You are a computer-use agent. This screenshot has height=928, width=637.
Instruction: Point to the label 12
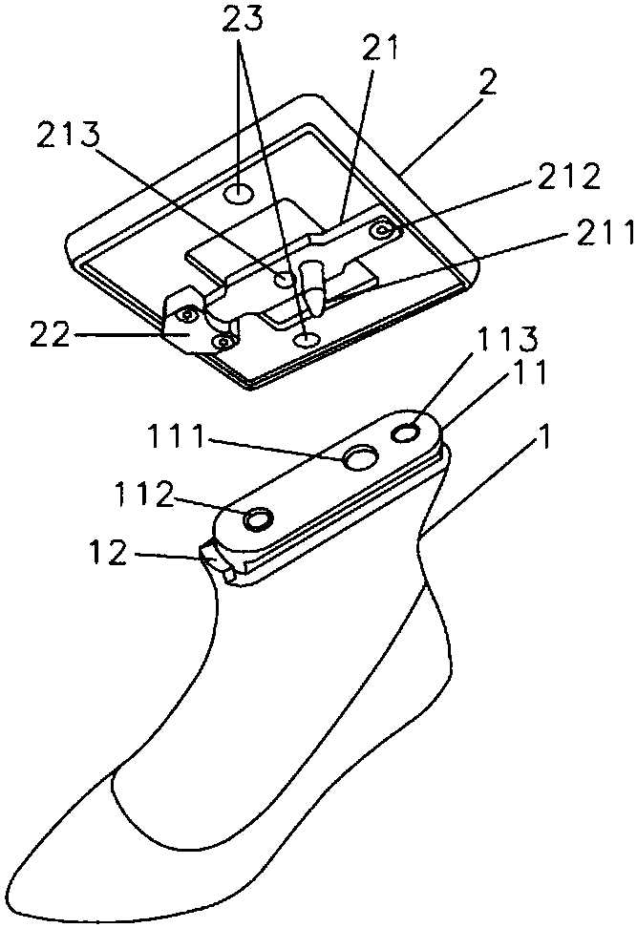[x=108, y=552]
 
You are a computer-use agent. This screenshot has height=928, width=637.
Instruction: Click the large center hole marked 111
[x=361, y=458]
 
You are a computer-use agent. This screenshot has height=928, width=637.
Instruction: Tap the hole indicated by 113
[x=406, y=433]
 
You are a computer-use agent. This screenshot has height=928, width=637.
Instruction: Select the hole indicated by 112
[x=258, y=519]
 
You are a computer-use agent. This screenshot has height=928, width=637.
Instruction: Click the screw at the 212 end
[x=383, y=229]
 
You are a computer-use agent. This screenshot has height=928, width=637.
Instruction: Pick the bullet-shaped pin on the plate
[x=311, y=285]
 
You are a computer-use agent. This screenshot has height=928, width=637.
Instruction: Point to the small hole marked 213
[x=286, y=278]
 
